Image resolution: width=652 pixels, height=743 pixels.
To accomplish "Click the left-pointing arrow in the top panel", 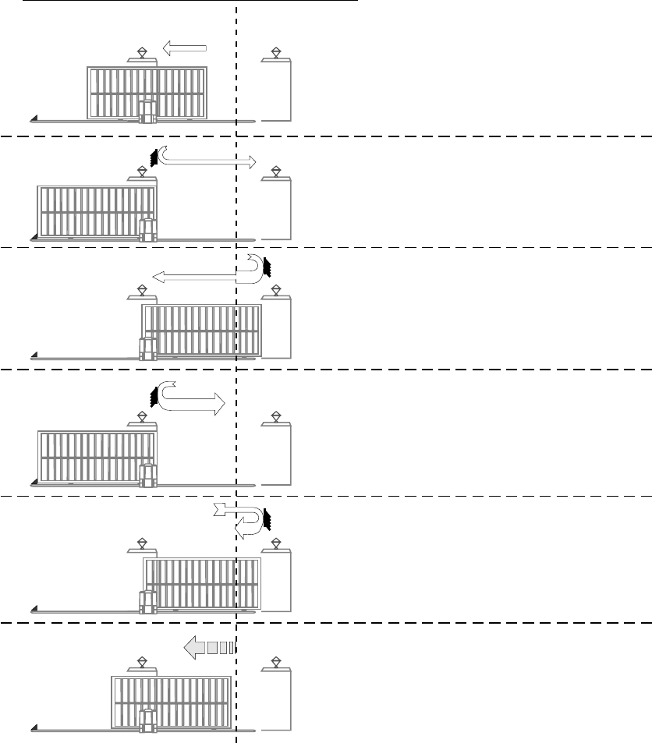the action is [184, 49].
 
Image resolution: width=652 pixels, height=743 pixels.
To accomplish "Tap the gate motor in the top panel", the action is [147, 111].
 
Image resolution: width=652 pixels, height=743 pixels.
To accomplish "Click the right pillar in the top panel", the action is [276, 90].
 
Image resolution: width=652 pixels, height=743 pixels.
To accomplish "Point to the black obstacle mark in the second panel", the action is [155, 157].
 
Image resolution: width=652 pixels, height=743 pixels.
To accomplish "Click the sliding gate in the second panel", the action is [97, 211].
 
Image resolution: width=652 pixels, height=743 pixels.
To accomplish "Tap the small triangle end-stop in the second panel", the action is [34, 236].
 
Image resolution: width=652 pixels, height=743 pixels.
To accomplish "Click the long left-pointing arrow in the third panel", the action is [195, 275].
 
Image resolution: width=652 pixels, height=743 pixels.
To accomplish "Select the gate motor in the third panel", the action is [147, 348].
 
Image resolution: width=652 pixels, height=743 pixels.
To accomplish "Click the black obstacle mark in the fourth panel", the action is [154, 395].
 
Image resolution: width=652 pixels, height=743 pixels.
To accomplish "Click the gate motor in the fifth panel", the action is [147, 602].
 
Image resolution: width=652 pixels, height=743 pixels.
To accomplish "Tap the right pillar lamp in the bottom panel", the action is [276, 662].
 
